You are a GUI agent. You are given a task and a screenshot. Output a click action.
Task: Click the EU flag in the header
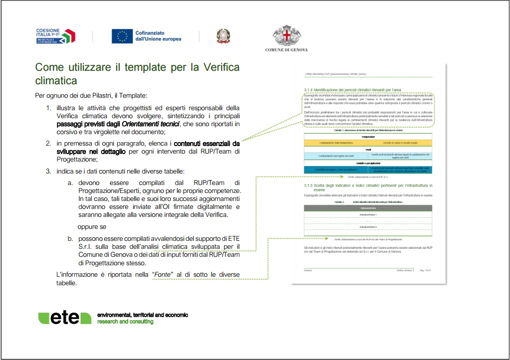click(x=122, y=36)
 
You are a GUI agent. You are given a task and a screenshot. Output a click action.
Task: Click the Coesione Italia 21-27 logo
click(x=55, y=36)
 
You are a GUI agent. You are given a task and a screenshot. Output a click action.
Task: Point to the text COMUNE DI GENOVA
click(x=286, y=50)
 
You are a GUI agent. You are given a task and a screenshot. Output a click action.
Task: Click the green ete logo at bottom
click(x=65, y=319)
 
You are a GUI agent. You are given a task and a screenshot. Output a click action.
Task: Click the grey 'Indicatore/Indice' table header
click(x=368, y=207)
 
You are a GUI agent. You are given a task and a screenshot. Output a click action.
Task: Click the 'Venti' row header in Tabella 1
click(x=368, y=149)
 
